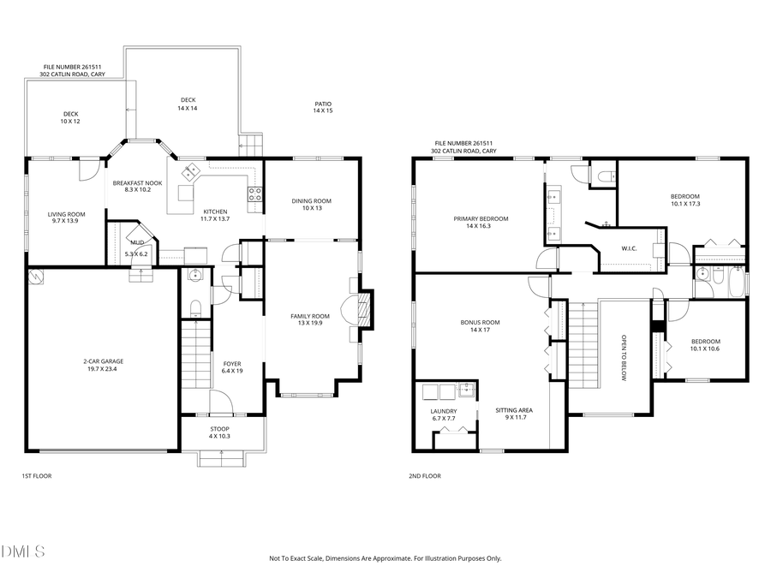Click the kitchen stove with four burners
pyautogui.click(x=254, y=194)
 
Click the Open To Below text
pyautogui.click(x=624, y=357)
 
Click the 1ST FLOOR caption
pyautogui.click(x=36, y=476)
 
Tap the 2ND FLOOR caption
pyautogui.click(x=425, y=476)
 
